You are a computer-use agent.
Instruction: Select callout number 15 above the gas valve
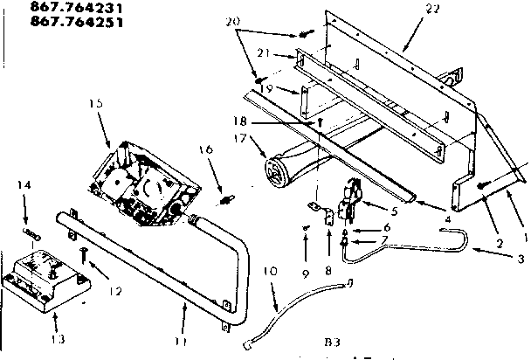pos(95,103)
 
